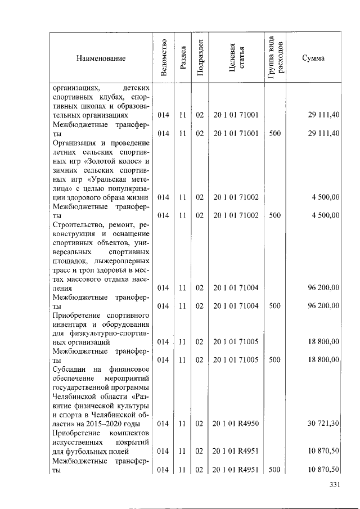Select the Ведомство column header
pos(163,57)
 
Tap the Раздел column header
pos(182,57)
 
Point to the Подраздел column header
pos(200,57)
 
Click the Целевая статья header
pos(236,57)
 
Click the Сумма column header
pos(313,58)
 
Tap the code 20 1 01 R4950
pos(236,423)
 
